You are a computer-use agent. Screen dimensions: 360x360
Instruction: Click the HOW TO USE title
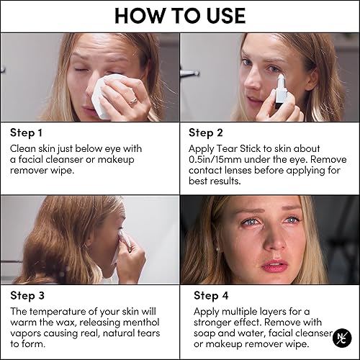pos(180,16)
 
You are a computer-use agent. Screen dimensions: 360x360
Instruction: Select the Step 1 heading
pos(27,132)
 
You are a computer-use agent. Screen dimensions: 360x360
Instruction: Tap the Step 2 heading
pos(207,132)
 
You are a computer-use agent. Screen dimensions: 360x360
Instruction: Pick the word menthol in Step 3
pos(150,323)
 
